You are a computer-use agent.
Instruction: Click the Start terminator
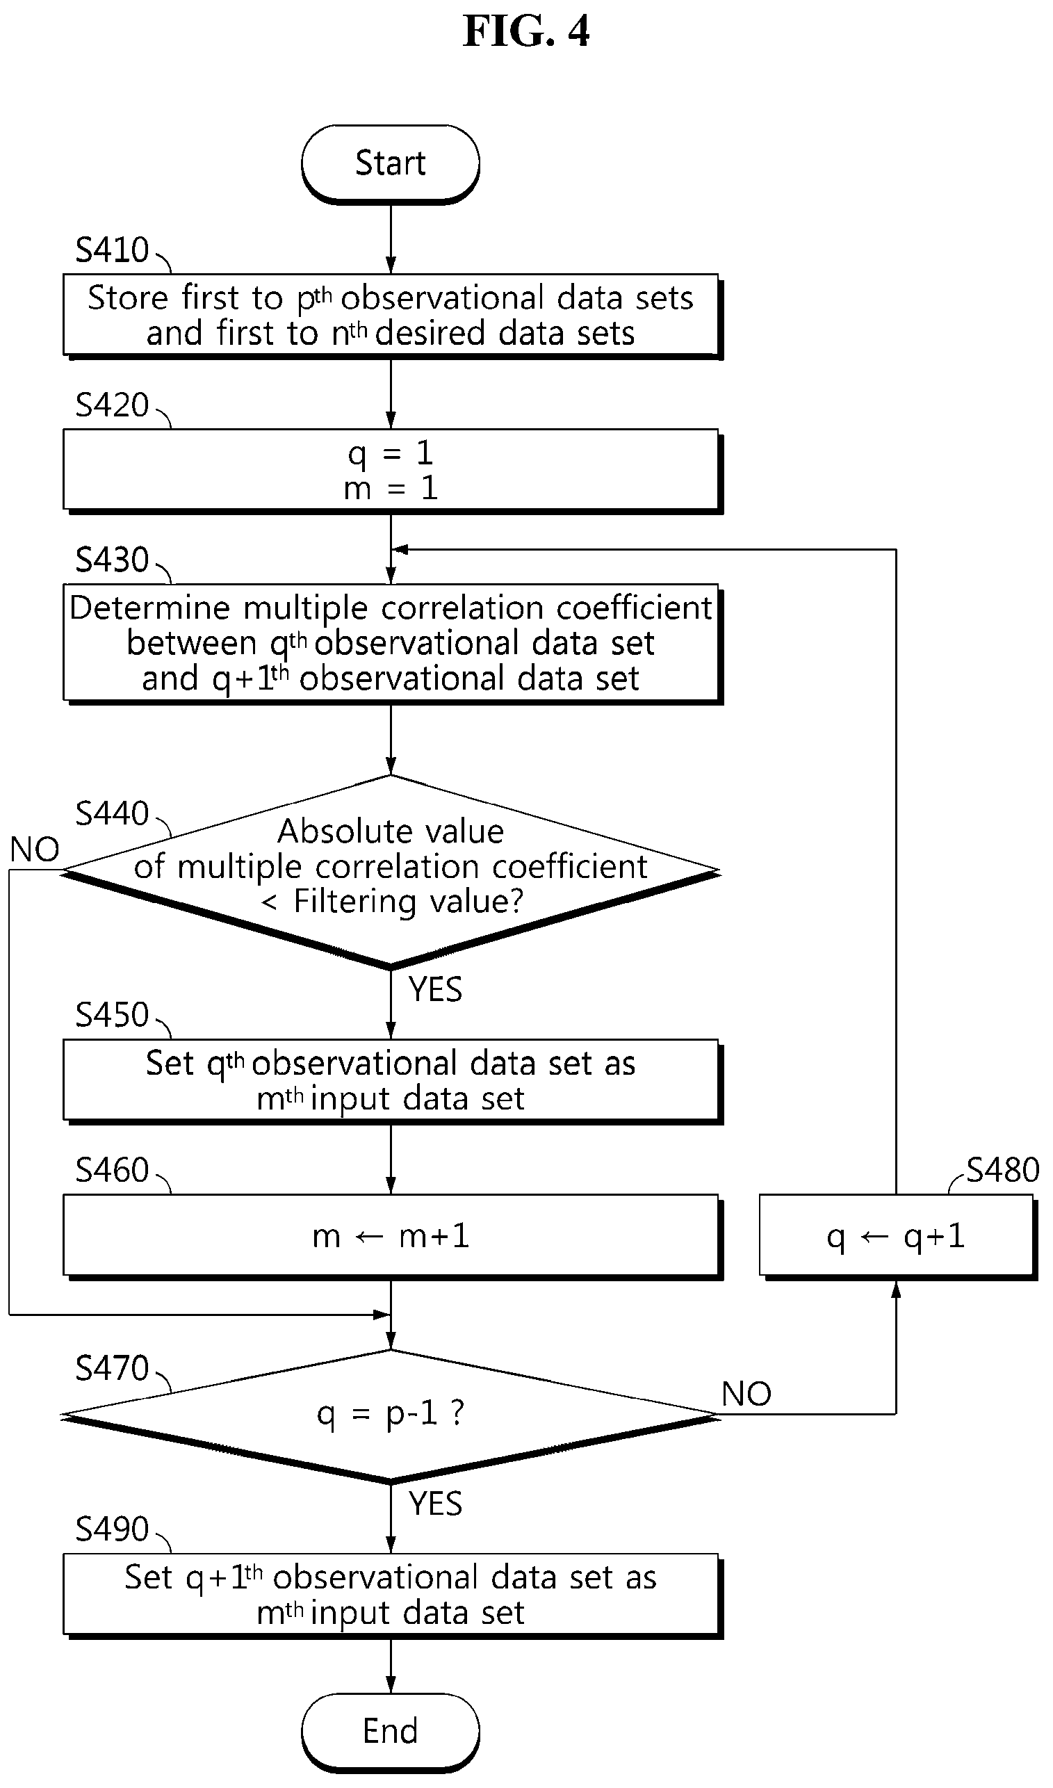(x=390, y=165)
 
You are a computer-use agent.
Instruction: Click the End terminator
(x=390, y=1732)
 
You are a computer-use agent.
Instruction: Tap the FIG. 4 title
(x=527, y=32)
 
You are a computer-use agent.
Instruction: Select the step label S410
(x=112, y=250)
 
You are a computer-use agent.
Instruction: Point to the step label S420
(x=112, y=405)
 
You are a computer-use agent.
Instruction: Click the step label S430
(x=112, y=560)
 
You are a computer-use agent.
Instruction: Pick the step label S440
(x=112, y=813)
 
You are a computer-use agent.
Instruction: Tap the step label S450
(x=112, y=1016)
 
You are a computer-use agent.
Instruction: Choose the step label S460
(x=112, y=1170)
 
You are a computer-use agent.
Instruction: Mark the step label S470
(x=112, y=1368)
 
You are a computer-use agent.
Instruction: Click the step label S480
(x=1003, y=1170)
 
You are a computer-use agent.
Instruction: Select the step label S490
(x=112, y=1529)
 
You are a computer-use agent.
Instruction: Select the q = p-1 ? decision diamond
(x=390, y=1416)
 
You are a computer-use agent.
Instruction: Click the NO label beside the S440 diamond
(x=34, y=850)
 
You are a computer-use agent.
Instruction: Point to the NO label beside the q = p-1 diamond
(x=746, y=1395)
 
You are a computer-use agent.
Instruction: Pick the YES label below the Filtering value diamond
(x=435, y=990)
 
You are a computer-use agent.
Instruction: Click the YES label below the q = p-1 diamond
(x=435, y=1504)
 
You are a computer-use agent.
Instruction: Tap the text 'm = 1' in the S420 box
(x=390, y=489)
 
